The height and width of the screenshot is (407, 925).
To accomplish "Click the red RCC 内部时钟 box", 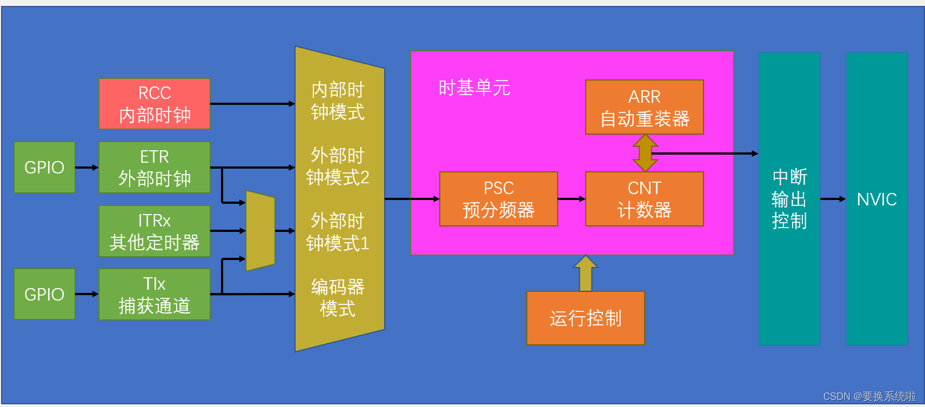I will pos(155,104).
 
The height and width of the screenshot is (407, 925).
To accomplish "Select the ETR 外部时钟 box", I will pos(155,168).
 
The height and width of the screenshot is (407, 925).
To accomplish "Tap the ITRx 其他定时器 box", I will pos(155,231).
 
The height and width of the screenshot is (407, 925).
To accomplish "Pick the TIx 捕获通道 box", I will pos(155,295).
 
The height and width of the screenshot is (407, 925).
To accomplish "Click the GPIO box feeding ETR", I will pos(44,168).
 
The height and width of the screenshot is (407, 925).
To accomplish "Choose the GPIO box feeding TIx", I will pos(44,295).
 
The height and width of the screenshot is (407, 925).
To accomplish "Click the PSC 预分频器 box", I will pos(498,199).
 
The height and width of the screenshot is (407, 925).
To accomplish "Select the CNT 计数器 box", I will pos(644,199).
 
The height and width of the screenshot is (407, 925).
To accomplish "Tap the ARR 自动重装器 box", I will pos(644,107).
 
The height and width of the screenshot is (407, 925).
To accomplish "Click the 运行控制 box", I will pos(585,318).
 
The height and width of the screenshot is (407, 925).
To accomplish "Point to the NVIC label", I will pos(876,199).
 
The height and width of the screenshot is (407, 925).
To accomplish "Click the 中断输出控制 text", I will pos(789,199).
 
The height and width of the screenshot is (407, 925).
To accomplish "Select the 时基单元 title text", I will pos(474,88).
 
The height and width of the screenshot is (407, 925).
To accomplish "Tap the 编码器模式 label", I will pos(338,298).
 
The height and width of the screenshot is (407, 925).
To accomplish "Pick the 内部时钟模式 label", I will pos(338,101).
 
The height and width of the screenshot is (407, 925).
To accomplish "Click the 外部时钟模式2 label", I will pos(338,166).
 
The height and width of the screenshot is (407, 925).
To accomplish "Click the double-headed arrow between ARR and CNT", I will pos(645,153).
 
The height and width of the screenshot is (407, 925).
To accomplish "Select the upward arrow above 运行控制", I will pos(585,273).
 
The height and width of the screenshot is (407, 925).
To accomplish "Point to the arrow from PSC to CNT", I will pos(571,199).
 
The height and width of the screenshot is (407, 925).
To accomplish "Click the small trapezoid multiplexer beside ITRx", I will pos(260,231).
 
